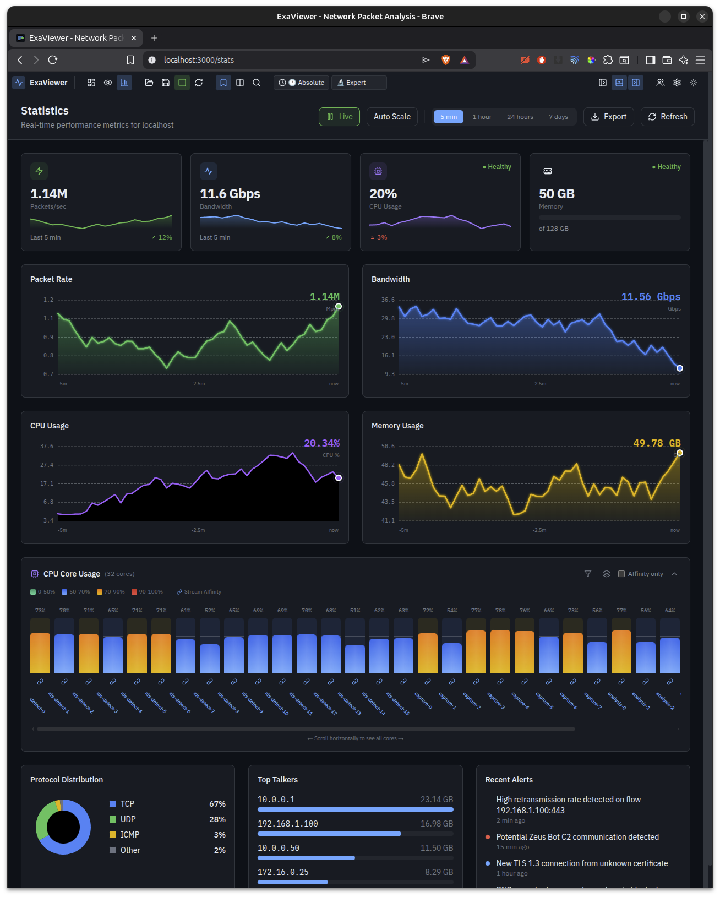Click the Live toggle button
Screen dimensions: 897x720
(x=339, y=117)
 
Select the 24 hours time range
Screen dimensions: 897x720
(x=520, y=117)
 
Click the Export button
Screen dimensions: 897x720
(x=608, y=117)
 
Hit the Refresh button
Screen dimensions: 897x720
(x=667, y=117)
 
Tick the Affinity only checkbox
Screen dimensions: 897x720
(x=621, y=574)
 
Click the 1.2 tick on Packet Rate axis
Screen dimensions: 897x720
(x=48, y=300)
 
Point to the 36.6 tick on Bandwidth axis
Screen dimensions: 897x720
(x=388, y=300)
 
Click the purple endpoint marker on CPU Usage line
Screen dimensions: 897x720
(x=339, y=478)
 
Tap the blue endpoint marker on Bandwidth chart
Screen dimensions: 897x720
(x=680, y=368)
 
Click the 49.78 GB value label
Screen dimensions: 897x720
(x=656, y=443)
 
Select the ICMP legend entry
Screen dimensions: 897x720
(x=130, y=835)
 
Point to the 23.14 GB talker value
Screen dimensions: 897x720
(x=437, y=800)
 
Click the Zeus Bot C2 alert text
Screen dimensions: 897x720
(x=577, y=837)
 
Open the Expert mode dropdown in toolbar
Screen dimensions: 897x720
(x=359, y=83)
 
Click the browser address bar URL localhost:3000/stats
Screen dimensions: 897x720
(x=199, y=60)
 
